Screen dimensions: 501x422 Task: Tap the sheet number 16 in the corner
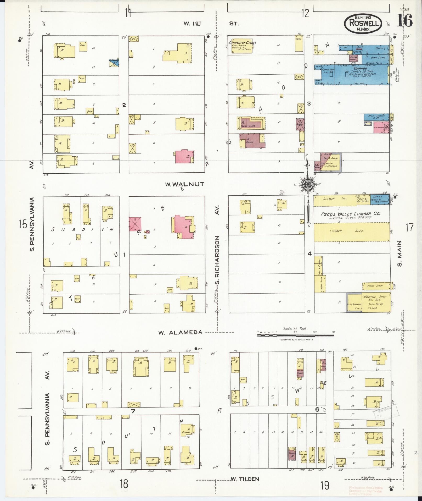click(404, 20)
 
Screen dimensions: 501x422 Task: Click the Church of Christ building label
click(242, 43)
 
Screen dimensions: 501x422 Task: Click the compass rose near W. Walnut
click(307, 184)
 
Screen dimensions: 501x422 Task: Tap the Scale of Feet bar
click(296, 335)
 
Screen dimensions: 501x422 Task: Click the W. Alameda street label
click(180, 332)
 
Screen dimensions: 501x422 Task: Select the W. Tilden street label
click(245, 479)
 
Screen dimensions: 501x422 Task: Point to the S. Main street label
click(400, 253)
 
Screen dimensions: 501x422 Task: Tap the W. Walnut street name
click(184, 184)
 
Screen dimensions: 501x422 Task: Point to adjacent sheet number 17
click(409, 227)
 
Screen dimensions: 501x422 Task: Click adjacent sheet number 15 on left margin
click(23, 224)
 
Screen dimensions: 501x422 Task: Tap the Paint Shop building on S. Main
click(375, 286)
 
